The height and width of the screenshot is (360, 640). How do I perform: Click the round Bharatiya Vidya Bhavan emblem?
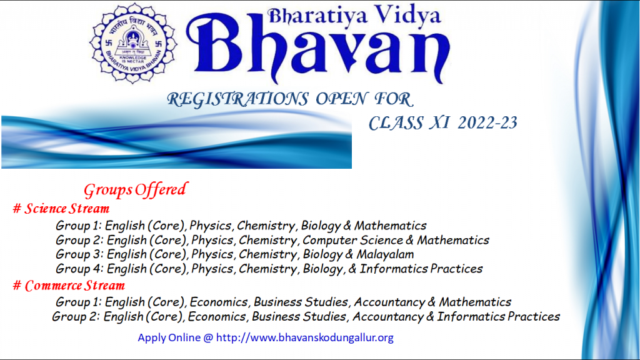(133, 43)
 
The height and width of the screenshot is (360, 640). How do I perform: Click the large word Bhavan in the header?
(318, 48)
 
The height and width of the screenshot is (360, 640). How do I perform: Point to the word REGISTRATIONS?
(237, 99)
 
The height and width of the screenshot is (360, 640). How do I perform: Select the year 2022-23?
(487, 123)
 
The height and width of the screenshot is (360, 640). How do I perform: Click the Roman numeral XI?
(439, 123)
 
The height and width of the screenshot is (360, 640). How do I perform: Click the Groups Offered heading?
(136, 190)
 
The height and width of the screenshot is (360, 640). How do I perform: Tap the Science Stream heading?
(67, 209)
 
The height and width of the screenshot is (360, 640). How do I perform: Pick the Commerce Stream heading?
(75, 285)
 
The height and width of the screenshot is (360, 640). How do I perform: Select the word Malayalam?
(385, 254)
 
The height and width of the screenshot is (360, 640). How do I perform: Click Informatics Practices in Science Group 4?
(421, 269)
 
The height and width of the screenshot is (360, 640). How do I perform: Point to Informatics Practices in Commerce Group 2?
(498, 316)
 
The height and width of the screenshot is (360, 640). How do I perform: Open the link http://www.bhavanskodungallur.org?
(305, 337)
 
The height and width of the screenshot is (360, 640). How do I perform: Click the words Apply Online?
(169, 337)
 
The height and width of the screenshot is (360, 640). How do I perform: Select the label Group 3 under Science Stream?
(79, 254)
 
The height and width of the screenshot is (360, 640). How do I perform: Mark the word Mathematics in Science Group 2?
(453, 240)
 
